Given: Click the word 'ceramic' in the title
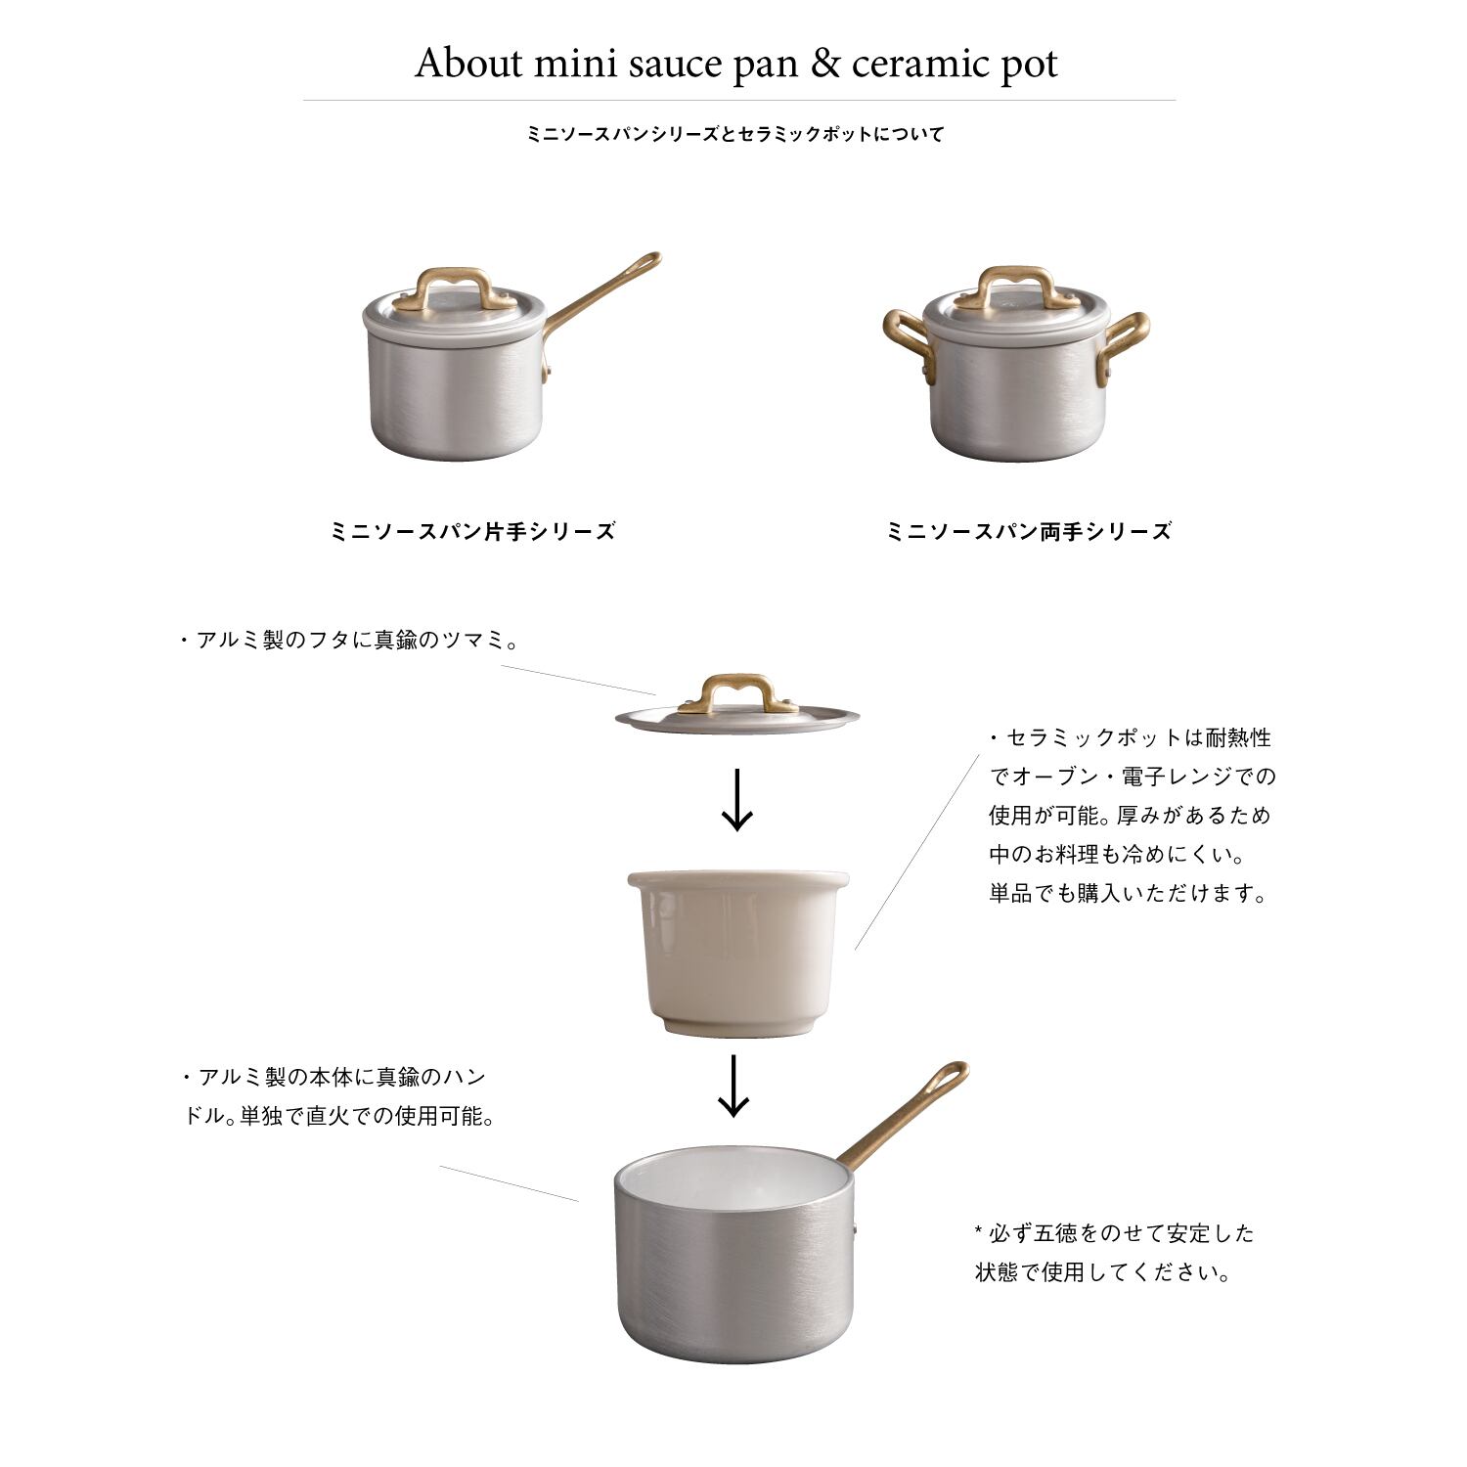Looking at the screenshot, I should click(908, 64).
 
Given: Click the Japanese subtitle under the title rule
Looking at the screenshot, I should click(735, 135).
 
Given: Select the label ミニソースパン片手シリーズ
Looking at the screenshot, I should click(474, 532).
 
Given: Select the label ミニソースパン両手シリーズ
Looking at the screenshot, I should click(1028, 532).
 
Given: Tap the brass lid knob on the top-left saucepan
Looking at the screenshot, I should click(455, 287).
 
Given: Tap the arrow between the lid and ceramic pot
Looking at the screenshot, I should click(736, 800).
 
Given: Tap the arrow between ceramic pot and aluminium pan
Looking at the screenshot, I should click(733, 1086).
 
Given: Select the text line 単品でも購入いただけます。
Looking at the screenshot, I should click(1128, 893).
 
